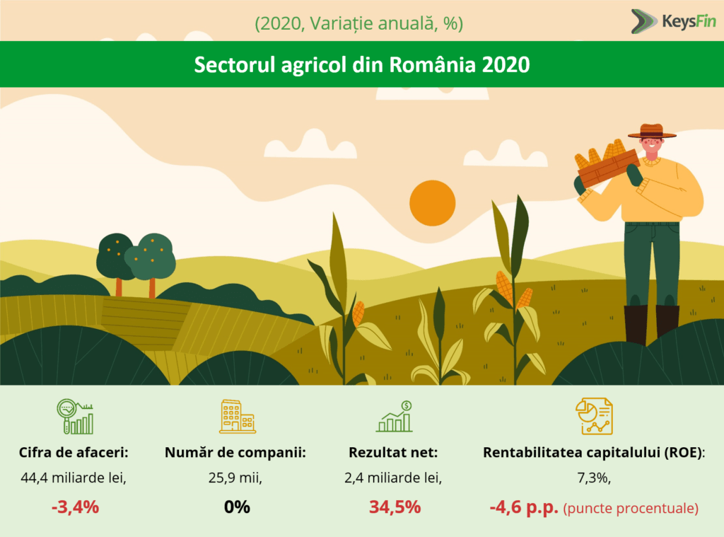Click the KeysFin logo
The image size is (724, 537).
pyautogui.click(x=673, y=22)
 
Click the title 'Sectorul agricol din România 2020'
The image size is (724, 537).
pyautogui.click(x=361, y=64)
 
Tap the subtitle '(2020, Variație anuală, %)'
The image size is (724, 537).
pyautogui.click(x=358, y=23)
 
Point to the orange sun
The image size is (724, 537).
pyautogui.click(x=432, y=203)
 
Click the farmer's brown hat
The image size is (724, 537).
pyautogui.click(x=652, y=132)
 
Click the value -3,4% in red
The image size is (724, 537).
pyautogui.click(x=75, y=507)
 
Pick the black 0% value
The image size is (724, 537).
pyautogui.click(x=237, y=507)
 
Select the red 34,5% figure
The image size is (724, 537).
pyautogui.click(x=395, y=507)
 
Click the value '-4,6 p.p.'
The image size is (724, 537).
pyautogui.click(x=524, y=507)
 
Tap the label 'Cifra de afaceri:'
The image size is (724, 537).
pyautogui.click(x=74, y=452)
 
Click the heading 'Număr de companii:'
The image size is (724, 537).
pyautogui.click(x=235, y=452)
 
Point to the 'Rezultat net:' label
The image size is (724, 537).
pyautogui.click(x=393, y=452)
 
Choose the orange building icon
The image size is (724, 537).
pyautogui.click(x=238, y=417)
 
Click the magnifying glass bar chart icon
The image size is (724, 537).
pyautogui.click(x=75, y=417)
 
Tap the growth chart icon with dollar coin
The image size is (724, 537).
pyautogui.click(x=395, y=417)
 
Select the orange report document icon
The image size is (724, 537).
pyautogui.click(x=594, y=417)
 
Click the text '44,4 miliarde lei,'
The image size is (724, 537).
pyautogui.click(x=74, y=478)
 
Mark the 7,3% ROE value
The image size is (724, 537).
pyautogui.click(x=594, y=478)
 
